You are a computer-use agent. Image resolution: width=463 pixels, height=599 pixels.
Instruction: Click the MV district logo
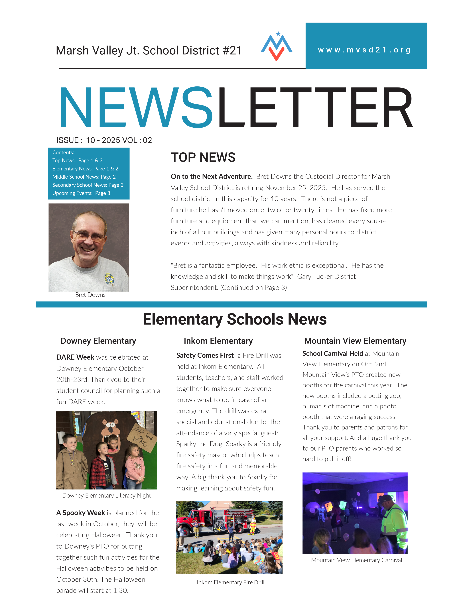(277, 46)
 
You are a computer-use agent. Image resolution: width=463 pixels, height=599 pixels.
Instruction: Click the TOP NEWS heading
(203, 157)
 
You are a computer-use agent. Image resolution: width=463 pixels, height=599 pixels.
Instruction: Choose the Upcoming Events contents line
(81, 193)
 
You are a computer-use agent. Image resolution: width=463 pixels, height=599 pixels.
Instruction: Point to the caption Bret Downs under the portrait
(90, 295)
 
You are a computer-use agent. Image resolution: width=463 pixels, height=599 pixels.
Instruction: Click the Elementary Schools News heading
(235, 319)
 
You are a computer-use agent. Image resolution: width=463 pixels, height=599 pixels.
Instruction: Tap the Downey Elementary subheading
(98, 341)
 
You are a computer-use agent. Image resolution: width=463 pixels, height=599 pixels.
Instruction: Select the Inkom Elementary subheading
(218, 341)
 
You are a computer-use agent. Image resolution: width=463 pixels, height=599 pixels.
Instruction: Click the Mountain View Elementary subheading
(355, 341)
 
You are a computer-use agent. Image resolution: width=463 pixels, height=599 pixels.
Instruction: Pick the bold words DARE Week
(75, 357)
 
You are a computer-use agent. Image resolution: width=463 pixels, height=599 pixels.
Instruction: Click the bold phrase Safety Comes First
(205, 355)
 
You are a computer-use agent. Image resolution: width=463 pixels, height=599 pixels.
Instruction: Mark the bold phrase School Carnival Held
(332, 354)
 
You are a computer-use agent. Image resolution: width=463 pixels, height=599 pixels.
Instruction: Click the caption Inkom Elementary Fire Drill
(230, 582)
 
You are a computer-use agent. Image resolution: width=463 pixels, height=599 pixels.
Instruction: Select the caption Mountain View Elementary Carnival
(356, 560)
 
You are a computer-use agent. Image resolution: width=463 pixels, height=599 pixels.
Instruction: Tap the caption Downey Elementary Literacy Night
(106, 495)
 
